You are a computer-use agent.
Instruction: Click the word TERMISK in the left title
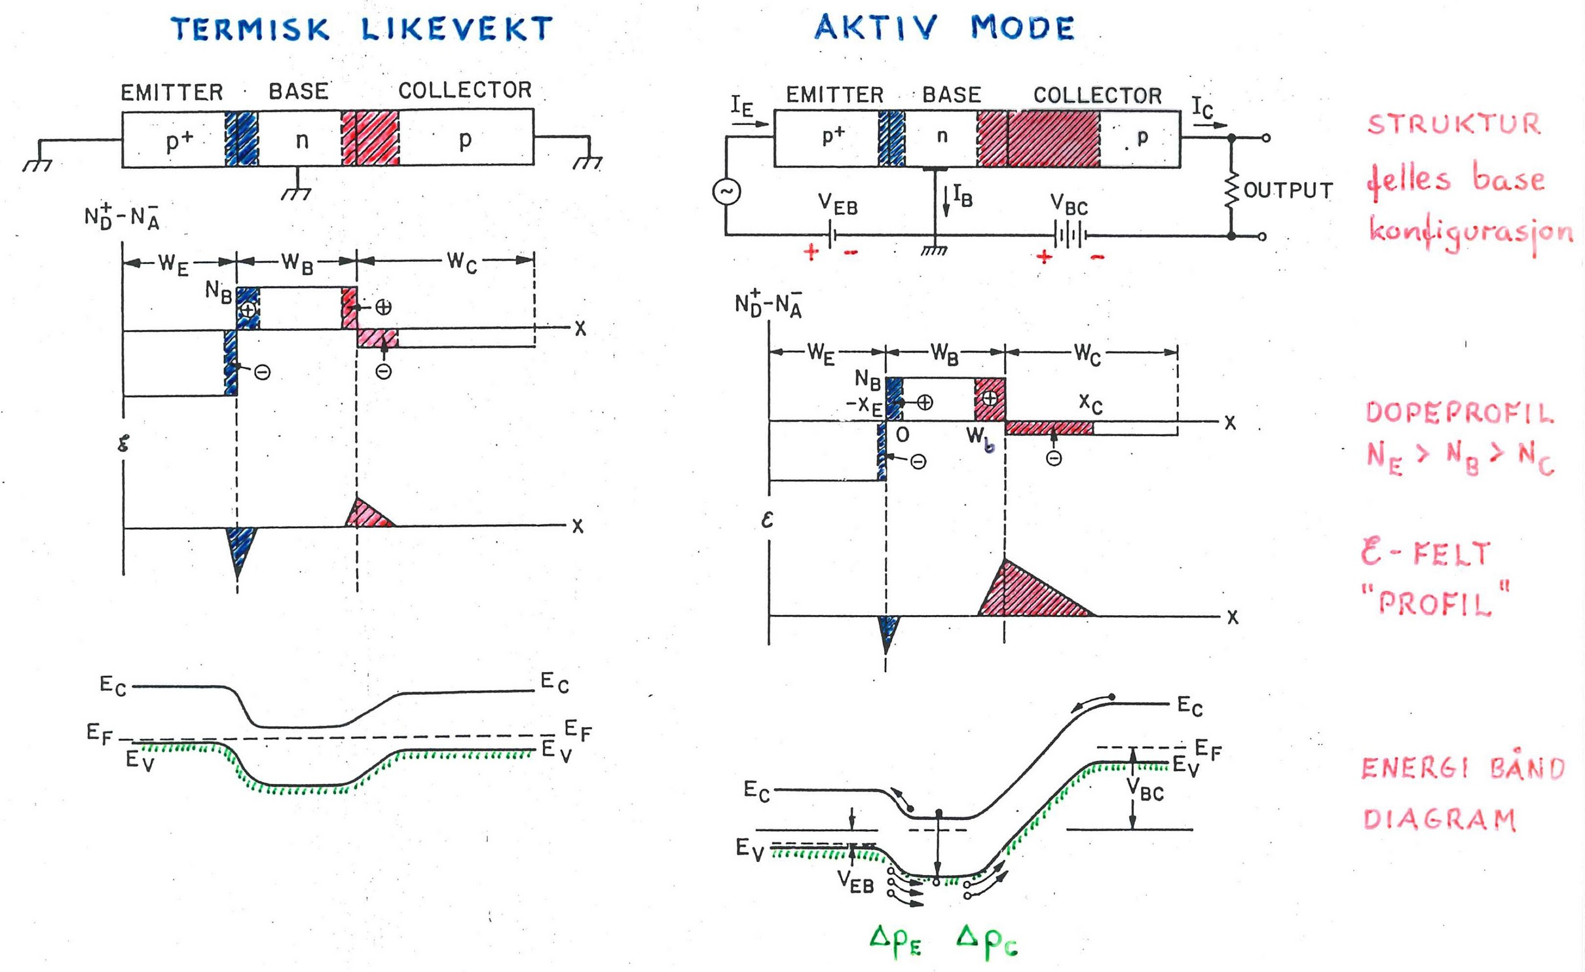(250, 29)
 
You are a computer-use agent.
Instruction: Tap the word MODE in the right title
(1022, 28)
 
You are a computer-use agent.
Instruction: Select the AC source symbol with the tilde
(726, 192)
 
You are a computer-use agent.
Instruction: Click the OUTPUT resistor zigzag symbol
(1231, 191)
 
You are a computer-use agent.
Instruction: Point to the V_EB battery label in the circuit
(838, 204)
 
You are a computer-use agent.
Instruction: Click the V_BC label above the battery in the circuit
(1069, 205)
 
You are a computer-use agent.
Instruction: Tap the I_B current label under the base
(962, 196)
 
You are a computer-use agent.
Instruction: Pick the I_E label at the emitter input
(742, 106)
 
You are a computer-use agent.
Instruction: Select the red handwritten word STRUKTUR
(1454, 124)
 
